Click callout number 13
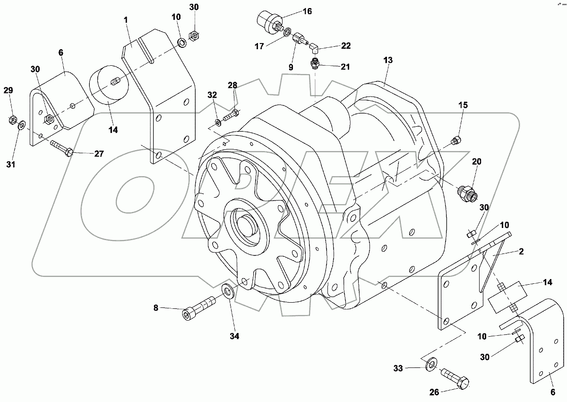tap(388, 61)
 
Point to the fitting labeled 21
tap(315, 63)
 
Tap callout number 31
tap(10, 165)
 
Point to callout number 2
tap(521, 251)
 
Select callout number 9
tap(291, 68)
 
